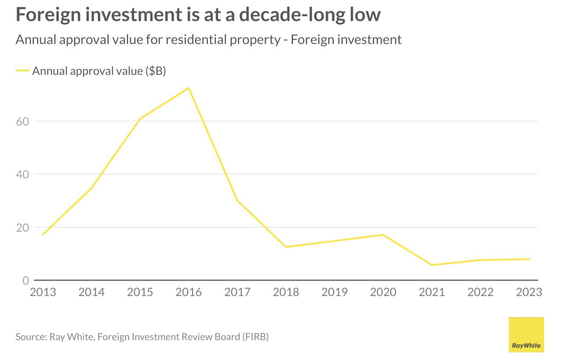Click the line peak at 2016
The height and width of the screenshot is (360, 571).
click(189, 88)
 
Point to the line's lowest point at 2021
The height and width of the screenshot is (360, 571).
click(432, 265)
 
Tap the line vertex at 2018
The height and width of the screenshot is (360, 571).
click(286, 247)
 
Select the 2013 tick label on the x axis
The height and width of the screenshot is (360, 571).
click(43, 292)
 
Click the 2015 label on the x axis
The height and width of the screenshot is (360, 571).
click(140, 292)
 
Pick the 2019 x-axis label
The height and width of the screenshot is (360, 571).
click(334, 292)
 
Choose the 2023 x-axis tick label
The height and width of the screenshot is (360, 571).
click(529, 292)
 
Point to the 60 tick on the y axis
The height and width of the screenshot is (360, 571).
click(22, 121)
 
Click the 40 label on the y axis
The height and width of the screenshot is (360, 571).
click(22, 174)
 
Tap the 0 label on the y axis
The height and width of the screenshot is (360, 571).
click(26, 281)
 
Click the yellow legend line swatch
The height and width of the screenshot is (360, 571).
click(22, 71)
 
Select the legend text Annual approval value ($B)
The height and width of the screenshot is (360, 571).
click(99, 71)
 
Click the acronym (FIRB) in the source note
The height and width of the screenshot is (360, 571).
click(255, 337)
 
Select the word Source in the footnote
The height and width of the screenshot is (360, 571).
click(30, 337)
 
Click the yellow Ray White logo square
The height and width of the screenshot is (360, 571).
click(526, 334)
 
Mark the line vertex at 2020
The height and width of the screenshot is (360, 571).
click(383, 234)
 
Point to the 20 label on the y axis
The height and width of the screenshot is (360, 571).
click(22, 228)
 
